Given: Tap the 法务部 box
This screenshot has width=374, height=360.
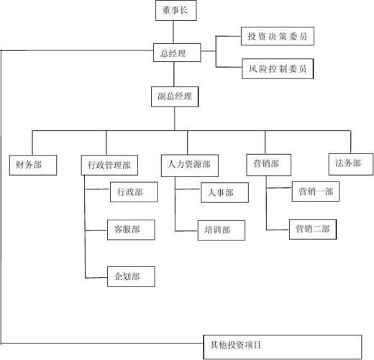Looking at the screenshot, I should pyautogui.click(x=348, y=163).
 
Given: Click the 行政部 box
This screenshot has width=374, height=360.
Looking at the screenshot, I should pyautogui.click(x=129, y=192).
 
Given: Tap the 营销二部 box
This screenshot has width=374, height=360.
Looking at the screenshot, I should pyautogui.click(x=312, y=229).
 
